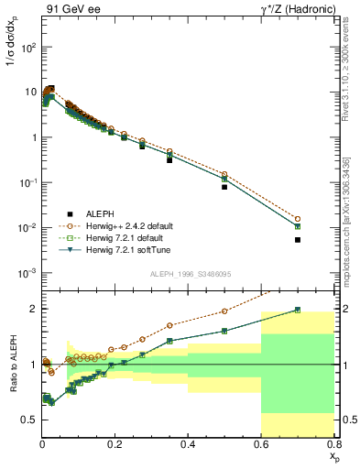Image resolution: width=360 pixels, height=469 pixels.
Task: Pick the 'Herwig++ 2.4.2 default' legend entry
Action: click(133, 224)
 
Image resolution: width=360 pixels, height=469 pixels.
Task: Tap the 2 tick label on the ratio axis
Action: click(34, 309)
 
